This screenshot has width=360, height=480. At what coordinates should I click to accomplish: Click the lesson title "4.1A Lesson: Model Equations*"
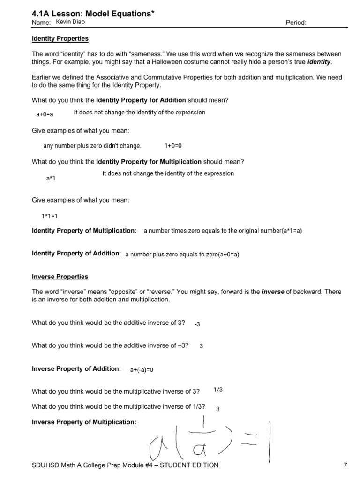pyautogui.click(x=93, y=13)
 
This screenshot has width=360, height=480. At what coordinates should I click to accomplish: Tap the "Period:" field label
pyautogui.click(x=295, y=23)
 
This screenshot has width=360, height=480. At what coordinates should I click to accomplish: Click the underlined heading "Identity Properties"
pyautogui.click(x=60, y=38)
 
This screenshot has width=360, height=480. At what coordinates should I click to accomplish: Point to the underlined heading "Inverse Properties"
pyautogui.click(x=60, y=277)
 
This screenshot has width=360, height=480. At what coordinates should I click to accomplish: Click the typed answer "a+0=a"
pyautogui.click(x=45, y=114)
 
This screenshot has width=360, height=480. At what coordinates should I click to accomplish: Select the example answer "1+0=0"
pyautogui.click(x=173, y=146)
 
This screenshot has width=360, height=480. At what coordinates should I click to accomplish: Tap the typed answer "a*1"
pyautogui.click(x=51, y=178)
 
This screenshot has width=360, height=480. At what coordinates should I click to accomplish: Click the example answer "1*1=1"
pyautogui.click(x=49, y=216)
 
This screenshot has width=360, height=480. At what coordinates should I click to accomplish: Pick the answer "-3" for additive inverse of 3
pyautogui.click(x=197, y=324)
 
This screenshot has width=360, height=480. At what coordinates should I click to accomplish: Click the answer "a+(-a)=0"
pyautogui.click(x=142, y=370)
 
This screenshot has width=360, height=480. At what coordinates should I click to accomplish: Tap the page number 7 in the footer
pyautogui.click(x=345, y=465)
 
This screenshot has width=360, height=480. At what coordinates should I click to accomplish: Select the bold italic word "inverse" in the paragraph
pyautogui.click(x=273, y=292)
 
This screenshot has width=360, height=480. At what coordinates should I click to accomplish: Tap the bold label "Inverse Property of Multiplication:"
pyautogui.click(x=84, y=422)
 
